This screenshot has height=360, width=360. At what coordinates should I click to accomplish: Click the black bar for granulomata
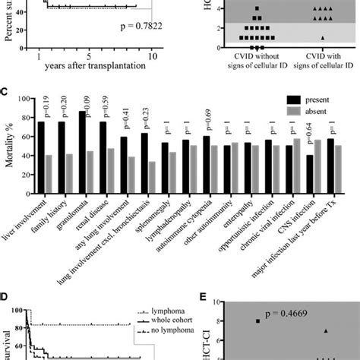(81, 144)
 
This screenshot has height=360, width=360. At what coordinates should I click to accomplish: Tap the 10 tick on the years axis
(153, 55)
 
